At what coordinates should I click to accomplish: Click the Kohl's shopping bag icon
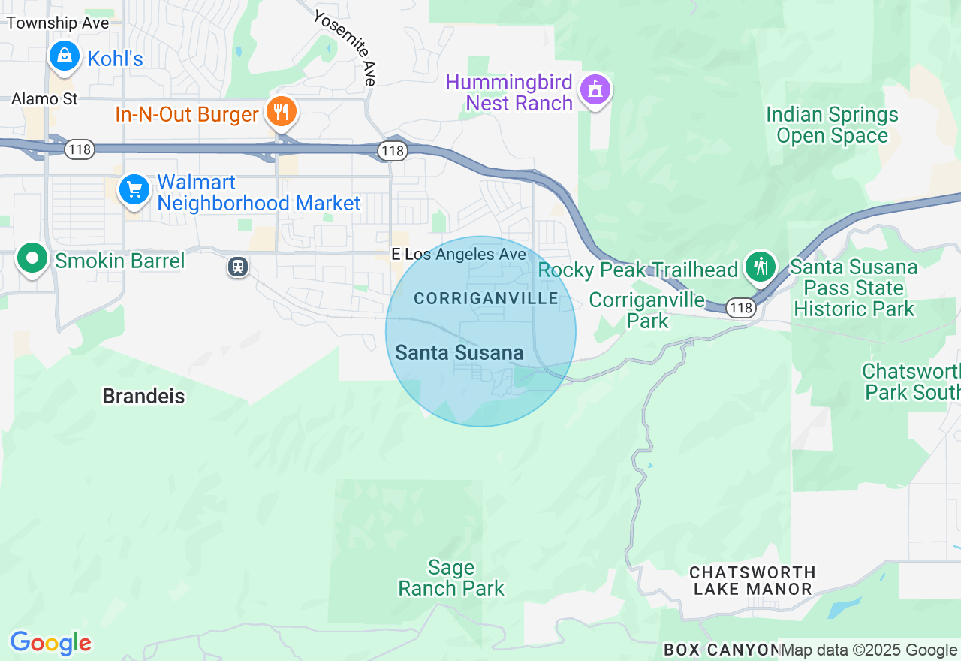[65, 56]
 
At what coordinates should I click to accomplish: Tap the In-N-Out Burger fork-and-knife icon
[282, 113]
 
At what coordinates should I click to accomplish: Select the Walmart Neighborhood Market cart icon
[134, 189]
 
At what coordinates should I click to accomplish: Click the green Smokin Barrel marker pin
[32, 258]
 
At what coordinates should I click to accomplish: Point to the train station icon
[238, 266]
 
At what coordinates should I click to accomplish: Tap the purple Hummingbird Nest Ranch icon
[595, 90]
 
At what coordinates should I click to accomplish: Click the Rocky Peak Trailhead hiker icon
[761, 267]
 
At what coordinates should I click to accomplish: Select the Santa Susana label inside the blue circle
[459, 352]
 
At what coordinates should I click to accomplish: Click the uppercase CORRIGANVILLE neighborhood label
[486, 299]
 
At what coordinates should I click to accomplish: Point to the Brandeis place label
[143, 397]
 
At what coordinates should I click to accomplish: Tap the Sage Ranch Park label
[451, 578]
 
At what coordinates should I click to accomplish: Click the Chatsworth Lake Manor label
[752, 581]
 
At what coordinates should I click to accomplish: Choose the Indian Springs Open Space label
[832, 125]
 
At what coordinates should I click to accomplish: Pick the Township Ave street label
[58, 23]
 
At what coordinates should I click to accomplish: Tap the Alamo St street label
[44, 99]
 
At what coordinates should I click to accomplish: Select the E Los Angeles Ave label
[459, 255]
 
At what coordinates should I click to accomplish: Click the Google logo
[50, 644]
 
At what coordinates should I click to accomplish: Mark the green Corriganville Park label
[646, 310]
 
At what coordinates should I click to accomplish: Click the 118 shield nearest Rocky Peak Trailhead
[741, 308]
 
